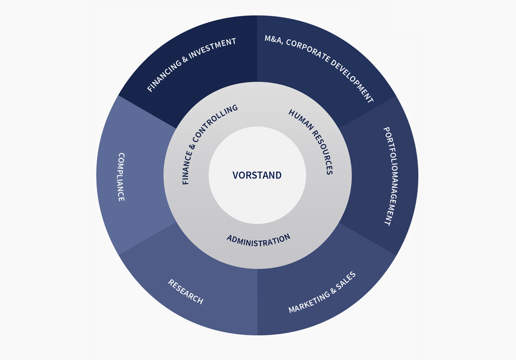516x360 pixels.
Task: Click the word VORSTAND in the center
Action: tap(257, 175)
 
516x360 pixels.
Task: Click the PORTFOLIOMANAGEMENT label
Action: tap(393, 176)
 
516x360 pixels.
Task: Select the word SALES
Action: tap(346, 279)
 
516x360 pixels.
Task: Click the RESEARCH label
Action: tap(186, 291)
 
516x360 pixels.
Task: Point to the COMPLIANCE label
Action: tap(121, 176)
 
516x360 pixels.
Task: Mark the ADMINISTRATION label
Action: tap(259, 240)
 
